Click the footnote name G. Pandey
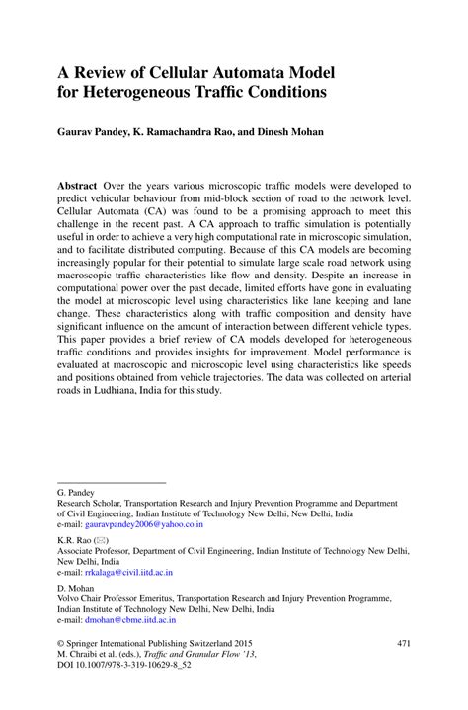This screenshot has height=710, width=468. click(x=77, y=491)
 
